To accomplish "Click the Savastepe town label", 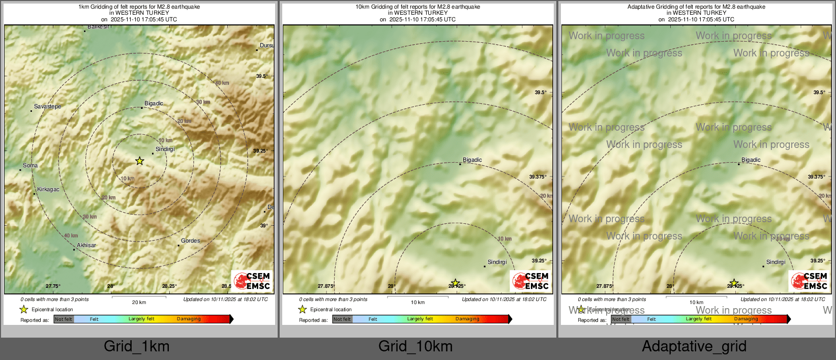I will [47, 106].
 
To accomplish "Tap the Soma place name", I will [30, 165].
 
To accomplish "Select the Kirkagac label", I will [48, 189].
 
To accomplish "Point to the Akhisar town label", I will [86, 245].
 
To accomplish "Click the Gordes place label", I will [190, 241].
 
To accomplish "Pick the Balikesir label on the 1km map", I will [99, 27].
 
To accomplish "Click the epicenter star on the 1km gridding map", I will [140, 161].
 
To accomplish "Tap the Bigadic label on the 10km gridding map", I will [472, 160].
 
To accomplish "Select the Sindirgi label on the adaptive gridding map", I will [775, 262].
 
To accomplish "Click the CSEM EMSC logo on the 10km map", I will [530, 281].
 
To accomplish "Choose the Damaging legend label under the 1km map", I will [189, 319].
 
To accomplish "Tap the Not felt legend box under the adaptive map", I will [620, 319].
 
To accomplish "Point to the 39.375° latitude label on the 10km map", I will [538, 177].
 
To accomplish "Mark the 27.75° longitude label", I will [53, 286].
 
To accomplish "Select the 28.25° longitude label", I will [169, 286].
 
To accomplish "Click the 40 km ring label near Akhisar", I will [71, 235].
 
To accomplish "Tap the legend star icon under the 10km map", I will [303, 309].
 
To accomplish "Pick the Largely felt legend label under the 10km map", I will [420, 319].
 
